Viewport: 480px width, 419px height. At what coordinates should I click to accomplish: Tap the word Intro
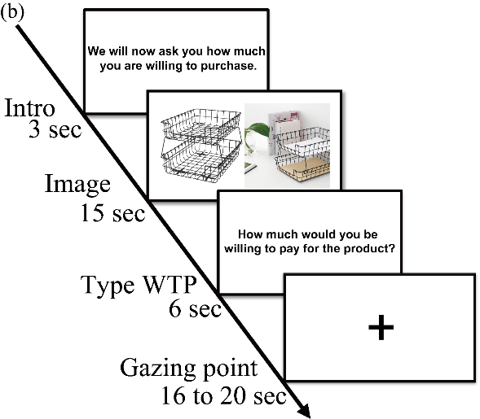coord(29,108)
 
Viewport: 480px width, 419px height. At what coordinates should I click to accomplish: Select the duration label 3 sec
coord(55,129)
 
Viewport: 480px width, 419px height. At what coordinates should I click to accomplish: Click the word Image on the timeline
coord(77,185)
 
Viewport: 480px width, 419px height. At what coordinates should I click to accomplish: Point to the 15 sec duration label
coord(112,212)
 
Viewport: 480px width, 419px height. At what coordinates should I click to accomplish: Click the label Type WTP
coord(139,286)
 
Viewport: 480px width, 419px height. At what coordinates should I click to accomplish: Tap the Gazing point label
coord(188,369)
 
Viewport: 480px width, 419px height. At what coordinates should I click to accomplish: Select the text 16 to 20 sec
coord(224,395)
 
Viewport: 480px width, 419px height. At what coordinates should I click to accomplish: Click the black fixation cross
coord(381,328)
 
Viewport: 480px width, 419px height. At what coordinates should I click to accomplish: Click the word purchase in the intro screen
coord(228,67)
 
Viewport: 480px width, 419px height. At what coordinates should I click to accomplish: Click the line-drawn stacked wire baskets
coord(201,146)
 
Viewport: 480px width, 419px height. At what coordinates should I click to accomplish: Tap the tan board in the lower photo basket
coord(303,168)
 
